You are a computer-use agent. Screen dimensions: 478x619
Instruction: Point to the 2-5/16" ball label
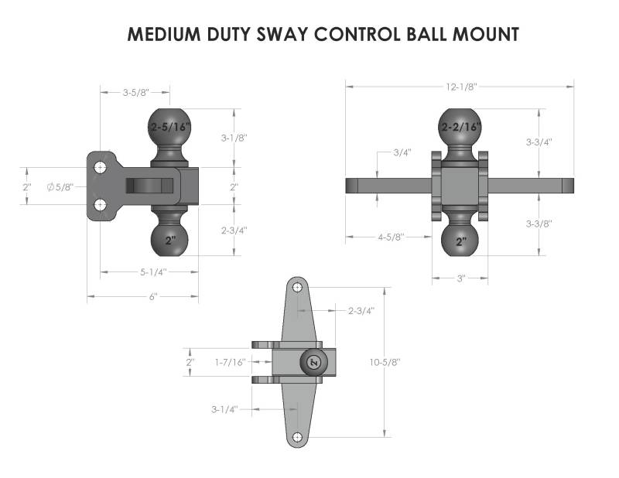169,125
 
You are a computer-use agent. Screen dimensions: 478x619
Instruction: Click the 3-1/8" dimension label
234,138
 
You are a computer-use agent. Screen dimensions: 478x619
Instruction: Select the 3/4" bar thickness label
401,152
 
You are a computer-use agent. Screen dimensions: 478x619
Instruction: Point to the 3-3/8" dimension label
540,225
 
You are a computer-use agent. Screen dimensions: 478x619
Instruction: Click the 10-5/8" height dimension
385,361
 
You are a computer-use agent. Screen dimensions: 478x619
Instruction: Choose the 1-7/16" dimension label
230,361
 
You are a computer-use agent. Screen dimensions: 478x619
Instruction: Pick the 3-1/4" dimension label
223,408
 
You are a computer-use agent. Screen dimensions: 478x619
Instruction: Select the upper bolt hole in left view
101,167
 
